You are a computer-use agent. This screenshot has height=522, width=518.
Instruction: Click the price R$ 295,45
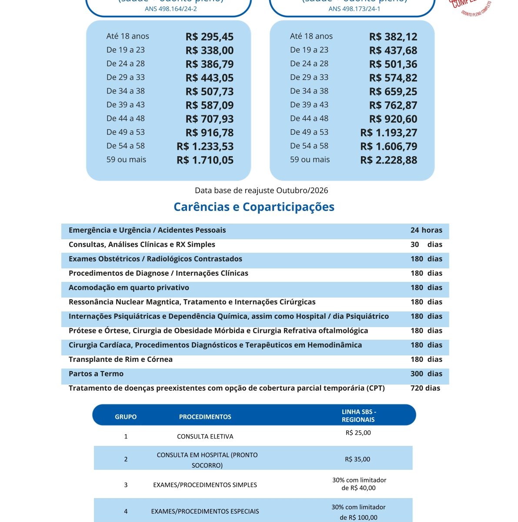(209, 37)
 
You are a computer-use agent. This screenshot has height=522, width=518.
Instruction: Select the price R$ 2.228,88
(388, 160)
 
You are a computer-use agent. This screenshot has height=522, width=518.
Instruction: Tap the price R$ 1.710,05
(205, 160)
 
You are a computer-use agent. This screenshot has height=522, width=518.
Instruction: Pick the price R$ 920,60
(393, 119)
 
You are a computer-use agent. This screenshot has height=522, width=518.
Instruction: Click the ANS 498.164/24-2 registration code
(170, 9)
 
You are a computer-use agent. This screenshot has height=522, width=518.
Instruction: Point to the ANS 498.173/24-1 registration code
(354, 9)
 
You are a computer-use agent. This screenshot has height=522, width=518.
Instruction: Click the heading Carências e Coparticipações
(254, 207)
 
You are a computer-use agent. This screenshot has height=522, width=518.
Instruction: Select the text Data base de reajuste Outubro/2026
(261, 191)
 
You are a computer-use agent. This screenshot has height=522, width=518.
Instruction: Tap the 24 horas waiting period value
(426, 230)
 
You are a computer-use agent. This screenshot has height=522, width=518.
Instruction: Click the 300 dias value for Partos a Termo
(426, 374)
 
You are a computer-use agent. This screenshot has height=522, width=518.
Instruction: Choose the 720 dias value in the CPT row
(425, 388)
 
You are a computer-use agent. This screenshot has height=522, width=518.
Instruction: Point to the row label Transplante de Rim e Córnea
(120, 359)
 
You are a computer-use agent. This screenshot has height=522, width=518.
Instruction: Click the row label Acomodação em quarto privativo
(129, 288)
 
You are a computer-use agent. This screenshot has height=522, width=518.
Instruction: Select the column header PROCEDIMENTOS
(205, 417)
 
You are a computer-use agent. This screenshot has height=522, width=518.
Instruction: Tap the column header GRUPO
(126, 417)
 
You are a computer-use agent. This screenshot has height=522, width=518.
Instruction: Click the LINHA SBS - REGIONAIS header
(359, 415)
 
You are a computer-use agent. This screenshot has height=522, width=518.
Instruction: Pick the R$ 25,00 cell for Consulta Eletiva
(358, 433)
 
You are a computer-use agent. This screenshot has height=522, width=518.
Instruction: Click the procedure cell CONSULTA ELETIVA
(205, 436)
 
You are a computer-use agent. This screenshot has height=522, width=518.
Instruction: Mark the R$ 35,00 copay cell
(358, 459)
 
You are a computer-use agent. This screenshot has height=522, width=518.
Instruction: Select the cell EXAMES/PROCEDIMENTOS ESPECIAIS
(205, 512)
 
